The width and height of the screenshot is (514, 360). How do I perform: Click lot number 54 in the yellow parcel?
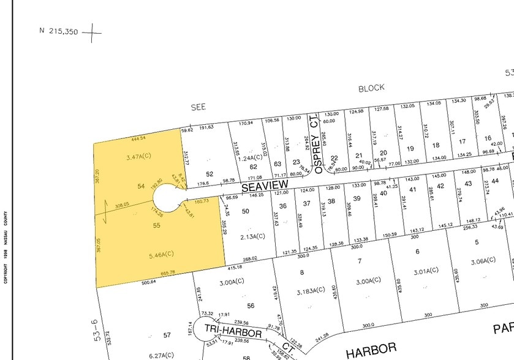coord(141,186)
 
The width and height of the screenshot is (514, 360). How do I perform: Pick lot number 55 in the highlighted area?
coord(156,225)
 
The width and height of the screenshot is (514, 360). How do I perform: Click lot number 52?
coord(210,174)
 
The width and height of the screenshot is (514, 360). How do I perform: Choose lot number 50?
coord(246,211)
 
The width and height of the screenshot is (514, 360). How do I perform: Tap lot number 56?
coord(251,306)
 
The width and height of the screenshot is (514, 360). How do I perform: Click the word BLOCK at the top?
coord(371,88)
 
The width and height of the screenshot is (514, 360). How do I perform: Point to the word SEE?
coord(198,107)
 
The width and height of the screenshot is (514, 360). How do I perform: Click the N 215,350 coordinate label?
coord(59,31)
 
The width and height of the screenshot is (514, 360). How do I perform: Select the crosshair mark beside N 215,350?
coord(92,31)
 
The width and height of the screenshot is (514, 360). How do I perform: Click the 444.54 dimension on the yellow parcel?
coord(139,139)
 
